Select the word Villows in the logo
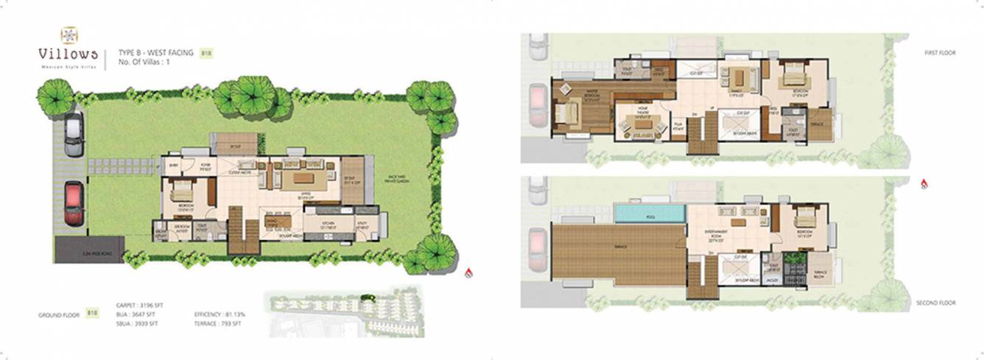68,54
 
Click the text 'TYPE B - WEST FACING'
156,53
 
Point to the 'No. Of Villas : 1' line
149,63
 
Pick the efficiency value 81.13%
231,314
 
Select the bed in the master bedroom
567,113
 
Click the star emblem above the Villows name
68,34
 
